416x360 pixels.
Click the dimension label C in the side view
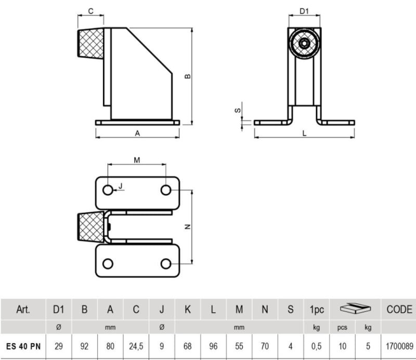90,10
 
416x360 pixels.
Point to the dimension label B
188,76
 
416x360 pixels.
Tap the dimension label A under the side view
137,133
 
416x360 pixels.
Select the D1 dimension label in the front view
304,10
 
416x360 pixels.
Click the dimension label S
238,110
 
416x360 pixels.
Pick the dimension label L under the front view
304,133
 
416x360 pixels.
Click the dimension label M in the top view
137,160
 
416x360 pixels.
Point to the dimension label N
188,226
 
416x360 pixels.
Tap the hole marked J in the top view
108,190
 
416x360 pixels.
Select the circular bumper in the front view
304,44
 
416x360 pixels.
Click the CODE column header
399,310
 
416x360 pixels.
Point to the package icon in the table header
355,310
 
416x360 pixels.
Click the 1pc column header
317,310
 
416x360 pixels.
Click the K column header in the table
188,310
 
